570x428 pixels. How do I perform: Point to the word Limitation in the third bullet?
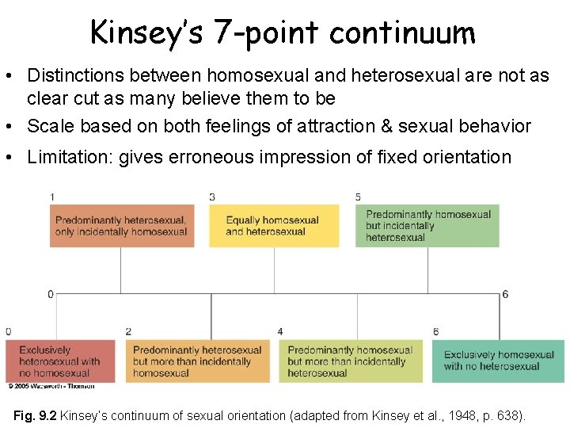point(69,157)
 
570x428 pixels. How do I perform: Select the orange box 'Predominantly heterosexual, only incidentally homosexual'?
point(122,226)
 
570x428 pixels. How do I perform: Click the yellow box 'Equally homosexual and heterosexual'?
point(274,226)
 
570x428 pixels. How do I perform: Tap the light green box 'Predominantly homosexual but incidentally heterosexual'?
point(427,226)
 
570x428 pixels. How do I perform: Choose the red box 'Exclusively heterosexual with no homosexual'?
point(59,361)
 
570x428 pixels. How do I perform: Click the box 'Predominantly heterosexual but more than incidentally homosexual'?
point(196,361)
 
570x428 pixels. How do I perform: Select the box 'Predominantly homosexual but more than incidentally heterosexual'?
point(351,361)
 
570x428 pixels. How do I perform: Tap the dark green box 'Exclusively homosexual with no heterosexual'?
point(499,361)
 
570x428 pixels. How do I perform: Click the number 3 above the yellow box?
point(212,197)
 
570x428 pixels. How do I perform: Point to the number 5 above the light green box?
point(359,197)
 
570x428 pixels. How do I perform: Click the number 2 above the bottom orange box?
point(128,331)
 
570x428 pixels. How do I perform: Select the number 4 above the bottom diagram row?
point(280,331)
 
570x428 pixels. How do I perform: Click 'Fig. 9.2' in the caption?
point(36,415)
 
